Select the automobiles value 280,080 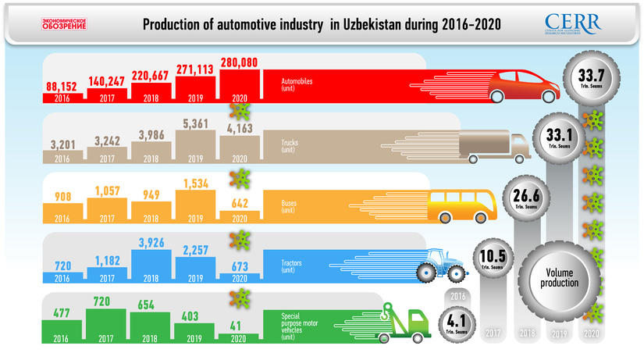[x=242, y=62]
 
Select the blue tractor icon [x=441, y=265]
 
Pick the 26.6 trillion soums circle [x=522, y=198]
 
